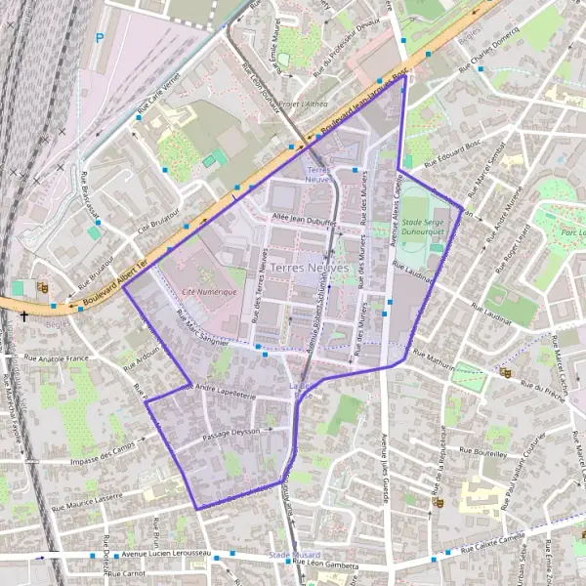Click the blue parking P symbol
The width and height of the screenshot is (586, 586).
tap(100, 39)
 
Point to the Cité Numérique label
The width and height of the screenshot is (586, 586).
tap(209, 292)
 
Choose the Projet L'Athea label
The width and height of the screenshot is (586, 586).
tap(303, 103)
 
